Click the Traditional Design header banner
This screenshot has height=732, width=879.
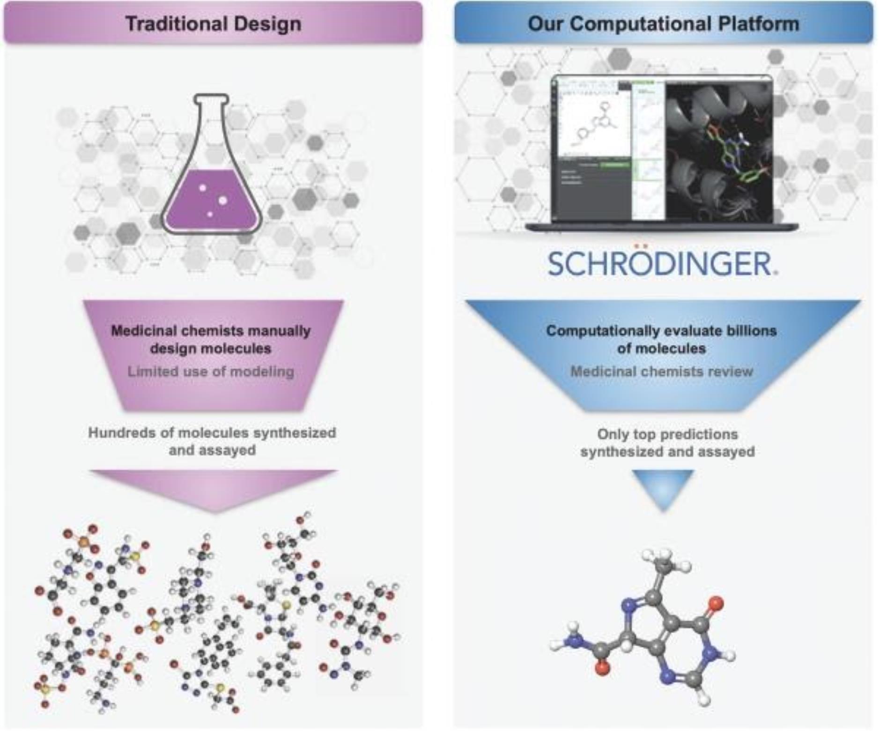coord(213,23)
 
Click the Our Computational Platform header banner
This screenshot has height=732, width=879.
coord(663,23)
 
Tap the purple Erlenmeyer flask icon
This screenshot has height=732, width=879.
coord(212,187)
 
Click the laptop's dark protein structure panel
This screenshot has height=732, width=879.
coord(719,150)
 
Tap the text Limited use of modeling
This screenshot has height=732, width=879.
coord(211,372)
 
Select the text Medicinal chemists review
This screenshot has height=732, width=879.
coord(661,372)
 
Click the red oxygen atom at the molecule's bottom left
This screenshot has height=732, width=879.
coord(602,669)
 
